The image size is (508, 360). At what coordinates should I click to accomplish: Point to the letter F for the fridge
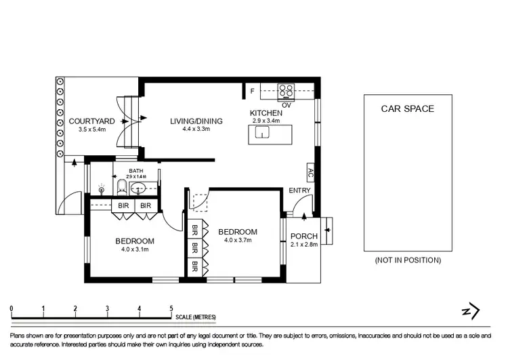252,90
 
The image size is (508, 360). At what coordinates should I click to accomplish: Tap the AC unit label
310,173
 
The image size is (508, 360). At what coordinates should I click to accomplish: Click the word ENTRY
299,191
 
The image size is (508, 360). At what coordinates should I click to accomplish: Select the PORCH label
303,236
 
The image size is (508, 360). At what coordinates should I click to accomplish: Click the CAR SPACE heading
407,108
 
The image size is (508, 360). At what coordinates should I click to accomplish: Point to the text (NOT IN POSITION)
407,260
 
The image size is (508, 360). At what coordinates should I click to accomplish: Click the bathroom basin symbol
137,188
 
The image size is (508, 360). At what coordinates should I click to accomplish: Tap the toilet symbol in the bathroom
121,186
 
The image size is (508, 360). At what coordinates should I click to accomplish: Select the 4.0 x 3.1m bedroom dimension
134,249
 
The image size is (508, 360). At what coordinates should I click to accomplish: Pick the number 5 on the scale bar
171,308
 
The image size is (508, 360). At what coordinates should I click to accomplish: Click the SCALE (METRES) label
195,317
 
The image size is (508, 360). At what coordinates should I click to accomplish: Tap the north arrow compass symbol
470,311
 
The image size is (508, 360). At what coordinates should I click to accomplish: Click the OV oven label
287,104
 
